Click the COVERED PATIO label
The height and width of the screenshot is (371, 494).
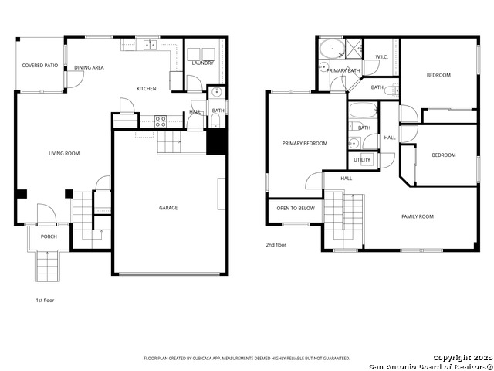(40, 66)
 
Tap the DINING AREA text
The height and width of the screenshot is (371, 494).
(89, 68)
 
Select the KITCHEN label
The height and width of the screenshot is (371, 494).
(146, 89)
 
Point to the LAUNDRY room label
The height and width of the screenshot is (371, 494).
(203, 63)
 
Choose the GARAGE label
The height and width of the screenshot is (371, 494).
(168, 208)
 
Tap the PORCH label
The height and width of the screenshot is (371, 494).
(49, 237)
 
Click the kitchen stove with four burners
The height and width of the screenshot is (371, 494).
(161, 121)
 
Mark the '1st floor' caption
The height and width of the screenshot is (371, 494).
(45, 300)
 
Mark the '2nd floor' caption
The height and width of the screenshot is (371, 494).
(276, 245)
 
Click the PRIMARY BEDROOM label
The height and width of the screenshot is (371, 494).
(304, 143)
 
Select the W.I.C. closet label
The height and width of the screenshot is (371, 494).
(381, 56)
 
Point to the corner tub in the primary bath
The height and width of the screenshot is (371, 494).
(332, 49)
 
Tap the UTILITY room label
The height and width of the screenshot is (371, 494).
(362, 160)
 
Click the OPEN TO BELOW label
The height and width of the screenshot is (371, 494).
(296, 208)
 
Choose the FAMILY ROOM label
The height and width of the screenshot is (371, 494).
(417, 216)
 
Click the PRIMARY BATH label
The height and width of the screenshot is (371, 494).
(343, 70)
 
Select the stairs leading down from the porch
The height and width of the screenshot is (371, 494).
(47, 267)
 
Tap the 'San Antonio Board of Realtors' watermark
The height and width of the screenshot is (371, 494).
(430, 366)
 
